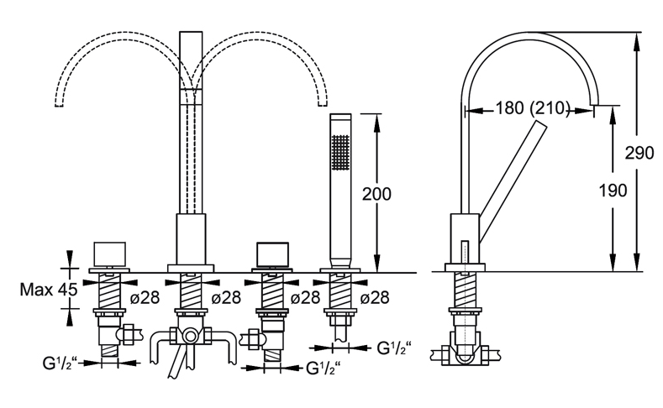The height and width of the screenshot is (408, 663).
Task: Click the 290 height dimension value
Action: (639, 153)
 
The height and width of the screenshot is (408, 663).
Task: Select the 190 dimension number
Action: (613, 191)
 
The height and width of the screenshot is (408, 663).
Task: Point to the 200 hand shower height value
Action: (376, 194)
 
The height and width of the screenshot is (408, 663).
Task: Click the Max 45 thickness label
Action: (49, 290)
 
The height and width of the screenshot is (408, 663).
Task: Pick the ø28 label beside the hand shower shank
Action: (375, 298)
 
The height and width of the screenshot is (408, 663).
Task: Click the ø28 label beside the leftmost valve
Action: (145, 298)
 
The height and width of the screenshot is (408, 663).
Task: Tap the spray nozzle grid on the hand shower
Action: (341, 153)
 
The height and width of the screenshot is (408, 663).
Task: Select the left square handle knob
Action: (109, 254)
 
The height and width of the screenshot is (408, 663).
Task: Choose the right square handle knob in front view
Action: (273, 254)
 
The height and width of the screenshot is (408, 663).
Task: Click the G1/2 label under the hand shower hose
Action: (393, 348)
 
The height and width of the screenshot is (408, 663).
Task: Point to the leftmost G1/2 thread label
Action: (60, 364)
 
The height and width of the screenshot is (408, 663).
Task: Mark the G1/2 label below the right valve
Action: (323, 369)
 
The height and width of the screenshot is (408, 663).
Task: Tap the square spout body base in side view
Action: (465, 239)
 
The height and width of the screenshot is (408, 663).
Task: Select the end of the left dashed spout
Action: (59, 104)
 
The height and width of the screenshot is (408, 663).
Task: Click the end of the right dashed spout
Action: (323, 104)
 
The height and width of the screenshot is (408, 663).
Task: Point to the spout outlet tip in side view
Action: (594, 104)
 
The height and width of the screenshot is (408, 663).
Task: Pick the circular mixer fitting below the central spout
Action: (191, 336)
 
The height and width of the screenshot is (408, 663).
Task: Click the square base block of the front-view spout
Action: (191, 239)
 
